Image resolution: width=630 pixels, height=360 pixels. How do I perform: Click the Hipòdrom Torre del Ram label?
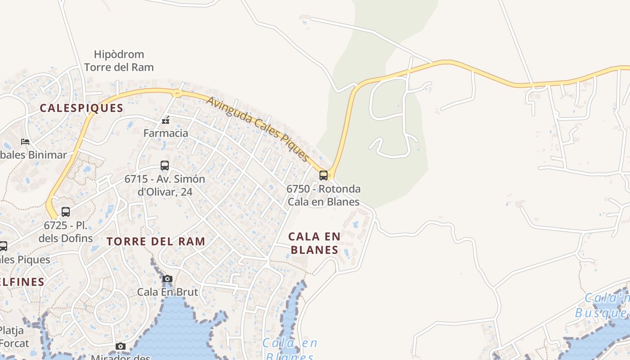pyautogui.click(x=119, y=61)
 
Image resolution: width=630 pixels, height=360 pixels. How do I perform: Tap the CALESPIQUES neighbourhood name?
pyautogui.click(x=81, y=108)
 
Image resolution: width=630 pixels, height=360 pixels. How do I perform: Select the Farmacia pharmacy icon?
pyautogui.click(x=166, y=120)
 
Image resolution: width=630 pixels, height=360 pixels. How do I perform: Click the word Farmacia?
pyautogui.click(x=166, y=133)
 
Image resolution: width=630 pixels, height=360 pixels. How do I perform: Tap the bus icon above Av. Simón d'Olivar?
pyautogui.click(x=165, y=166)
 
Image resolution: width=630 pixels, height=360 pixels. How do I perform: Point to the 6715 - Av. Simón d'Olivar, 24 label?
pyautogui.click(x=165, y=185)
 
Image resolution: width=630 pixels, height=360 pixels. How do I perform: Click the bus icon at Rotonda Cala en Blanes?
pyautogui.click(x=323, y=175)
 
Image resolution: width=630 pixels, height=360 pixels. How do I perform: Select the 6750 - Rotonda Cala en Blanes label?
pyautogui.click(x=324, y=195)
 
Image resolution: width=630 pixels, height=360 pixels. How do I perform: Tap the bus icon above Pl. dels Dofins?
pyautogui.click(x=66, y=211)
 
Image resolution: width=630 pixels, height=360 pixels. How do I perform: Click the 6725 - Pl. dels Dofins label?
pyautogui.click(x=66, y=232)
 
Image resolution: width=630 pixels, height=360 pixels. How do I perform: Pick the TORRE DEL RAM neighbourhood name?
pyautogui.click(x=156, y=241)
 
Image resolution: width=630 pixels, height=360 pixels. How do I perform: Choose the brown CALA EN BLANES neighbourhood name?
pyautogui.click(x=315, y=243)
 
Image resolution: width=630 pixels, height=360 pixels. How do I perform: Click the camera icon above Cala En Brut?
pyautogui.click(x=167, y=279)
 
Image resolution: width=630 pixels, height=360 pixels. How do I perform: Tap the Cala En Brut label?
pyautogui.click(x=167, y=292)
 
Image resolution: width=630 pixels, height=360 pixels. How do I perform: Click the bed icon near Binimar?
pyautogui.click(x=25, y=142)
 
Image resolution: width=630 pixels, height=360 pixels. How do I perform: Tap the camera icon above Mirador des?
pyautogui.click(x=121, y=346)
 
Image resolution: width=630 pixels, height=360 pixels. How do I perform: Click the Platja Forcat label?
pyautogui.click(x=13, y=337)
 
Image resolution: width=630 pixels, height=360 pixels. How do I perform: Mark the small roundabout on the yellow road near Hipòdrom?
pyautogui.click(x=177, y=94)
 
